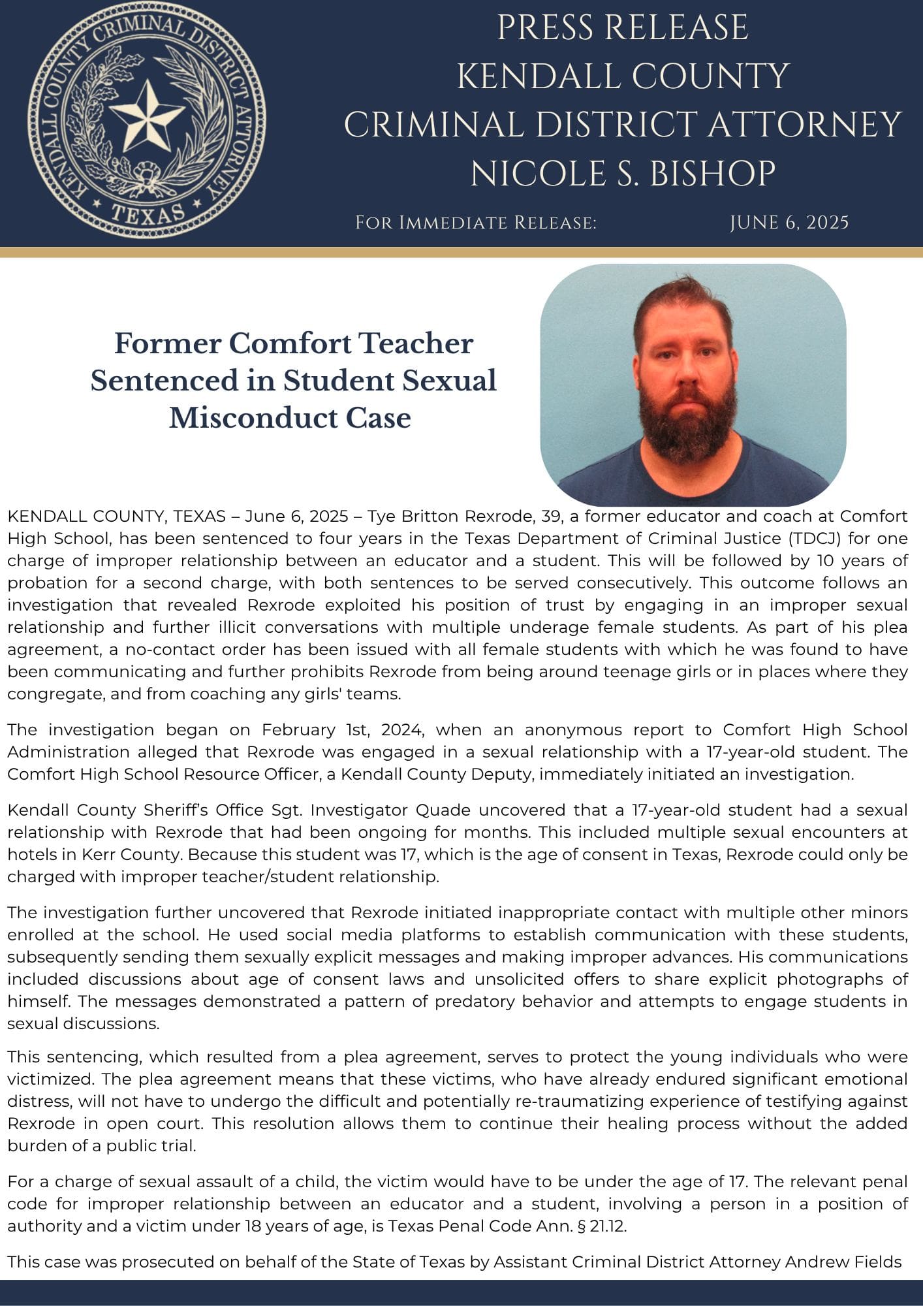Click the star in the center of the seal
point(146,117)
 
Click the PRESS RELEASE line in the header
point(622,28)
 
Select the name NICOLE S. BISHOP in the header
point(623,174)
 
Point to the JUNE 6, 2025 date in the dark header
point(789,223)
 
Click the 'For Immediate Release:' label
point(476,223)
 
